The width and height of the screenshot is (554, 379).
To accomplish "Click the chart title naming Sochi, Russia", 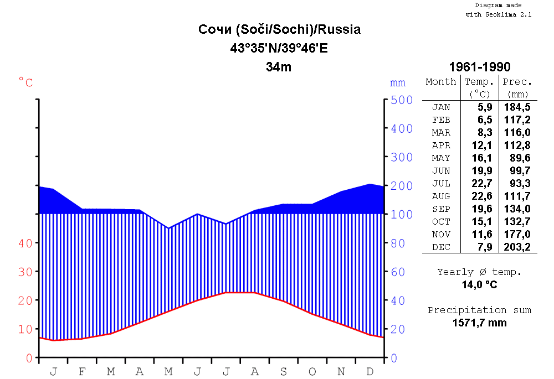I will (x=279, y=29).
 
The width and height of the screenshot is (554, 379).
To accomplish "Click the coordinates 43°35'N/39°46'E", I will (x=279, y=48).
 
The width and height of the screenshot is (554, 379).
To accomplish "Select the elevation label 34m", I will (x=279, y=68).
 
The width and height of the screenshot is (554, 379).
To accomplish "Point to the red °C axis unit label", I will (x=26, y=82).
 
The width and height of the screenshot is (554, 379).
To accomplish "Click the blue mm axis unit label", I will (x=398, y=83).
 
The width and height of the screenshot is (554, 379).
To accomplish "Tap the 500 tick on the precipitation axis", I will (x=402, y=100).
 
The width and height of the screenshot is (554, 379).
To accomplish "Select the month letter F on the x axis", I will (x=82, y=371).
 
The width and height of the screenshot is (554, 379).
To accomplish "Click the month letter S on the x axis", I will (x=284, y=371).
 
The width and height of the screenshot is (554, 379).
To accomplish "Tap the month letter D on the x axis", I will (x=370, y=371).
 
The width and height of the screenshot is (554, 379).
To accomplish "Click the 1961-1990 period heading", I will (x=480, y=67).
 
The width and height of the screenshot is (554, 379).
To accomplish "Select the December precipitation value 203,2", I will (x=517, y=247).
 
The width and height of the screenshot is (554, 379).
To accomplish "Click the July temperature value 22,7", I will (x=481, y=183).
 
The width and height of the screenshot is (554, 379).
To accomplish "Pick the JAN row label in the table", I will (x=441, y=107).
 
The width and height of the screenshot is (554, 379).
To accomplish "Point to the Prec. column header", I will (x=517, y=82).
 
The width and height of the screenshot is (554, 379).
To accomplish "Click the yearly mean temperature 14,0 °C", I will (x=480, y=285).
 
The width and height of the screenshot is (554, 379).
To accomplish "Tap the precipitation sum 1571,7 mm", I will (x=480, y=323).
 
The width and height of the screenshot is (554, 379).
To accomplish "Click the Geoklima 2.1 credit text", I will (x=499, y=15).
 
